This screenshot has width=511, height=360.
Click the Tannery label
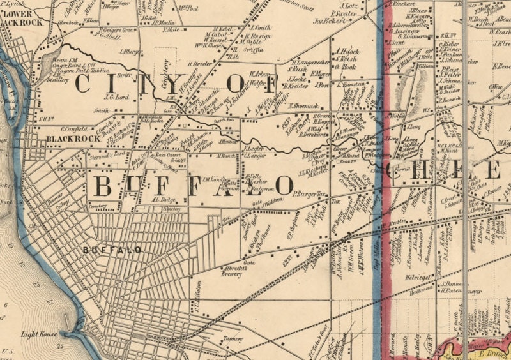(x=233, y=338)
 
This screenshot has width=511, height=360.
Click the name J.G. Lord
(x=117, y=97)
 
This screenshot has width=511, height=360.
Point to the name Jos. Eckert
(x=329, y=20)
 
